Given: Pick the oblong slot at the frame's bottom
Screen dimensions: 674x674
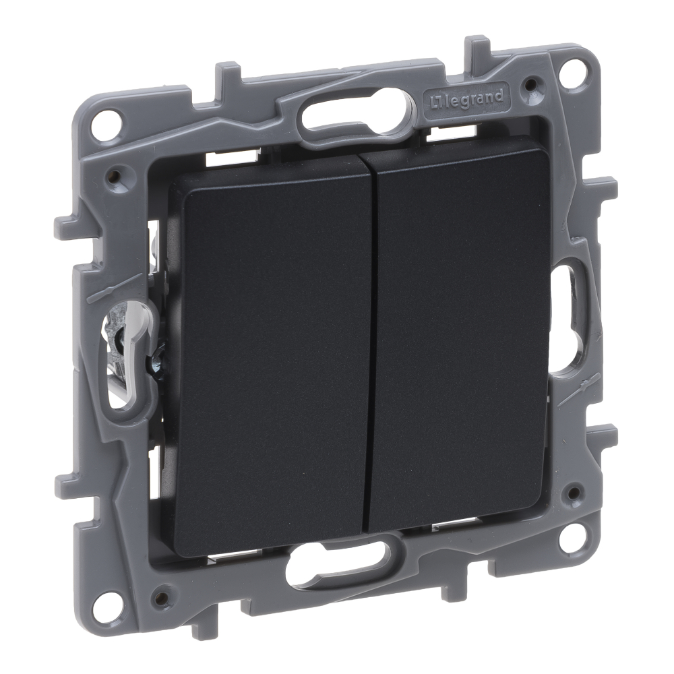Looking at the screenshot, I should click(x=338, y=559).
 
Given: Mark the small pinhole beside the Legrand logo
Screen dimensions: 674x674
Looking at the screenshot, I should click(x=531, y=85).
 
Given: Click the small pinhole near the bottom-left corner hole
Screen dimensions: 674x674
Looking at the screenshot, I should click(x=160, y=596).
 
